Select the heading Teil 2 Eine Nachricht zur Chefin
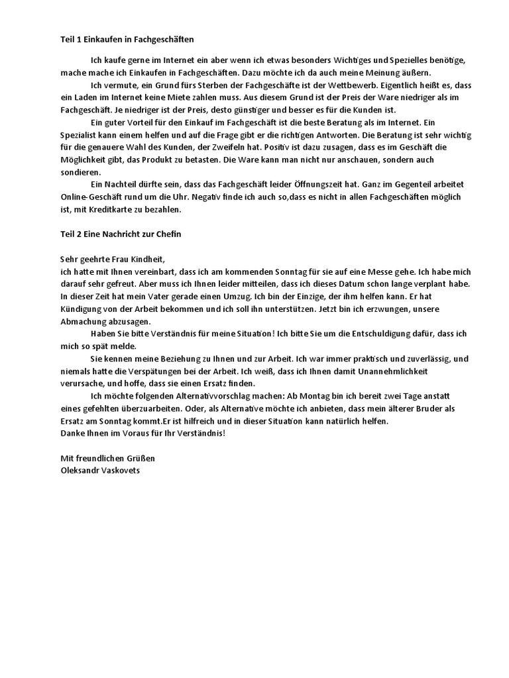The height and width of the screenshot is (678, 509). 121,234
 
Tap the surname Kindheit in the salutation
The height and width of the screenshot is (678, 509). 143,260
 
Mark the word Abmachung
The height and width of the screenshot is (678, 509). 84,321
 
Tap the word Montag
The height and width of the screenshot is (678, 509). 306,396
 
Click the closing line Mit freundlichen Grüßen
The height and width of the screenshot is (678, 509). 107,458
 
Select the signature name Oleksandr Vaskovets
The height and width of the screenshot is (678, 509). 101,470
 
